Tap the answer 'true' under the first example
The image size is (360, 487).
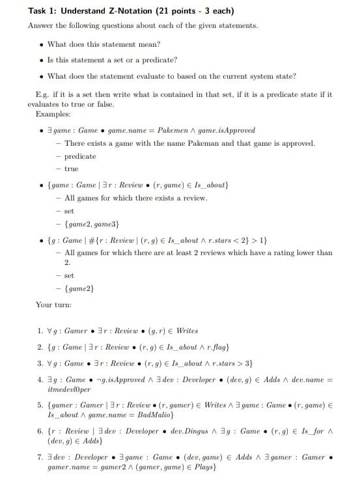71,169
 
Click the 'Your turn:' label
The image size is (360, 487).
53,304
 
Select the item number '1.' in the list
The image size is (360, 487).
40,331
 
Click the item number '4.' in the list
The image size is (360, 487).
40,378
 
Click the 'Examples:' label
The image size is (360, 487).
53,114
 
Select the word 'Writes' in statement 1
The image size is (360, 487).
187,331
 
